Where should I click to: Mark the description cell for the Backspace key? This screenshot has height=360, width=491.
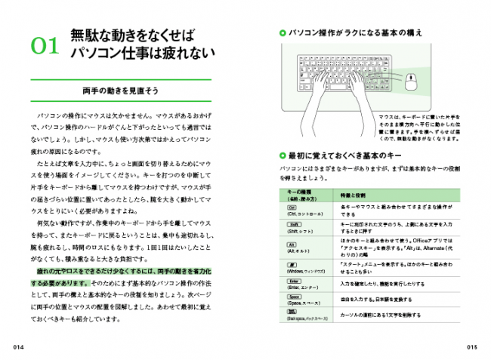[x=378, y=314]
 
